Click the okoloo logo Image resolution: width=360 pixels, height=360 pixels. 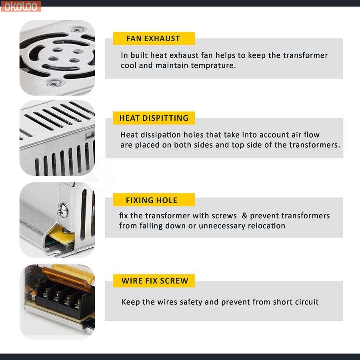21,6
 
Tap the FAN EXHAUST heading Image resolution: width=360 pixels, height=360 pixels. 153,38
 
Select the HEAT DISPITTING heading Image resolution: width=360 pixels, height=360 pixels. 154,118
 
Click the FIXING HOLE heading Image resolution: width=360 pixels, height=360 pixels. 152,200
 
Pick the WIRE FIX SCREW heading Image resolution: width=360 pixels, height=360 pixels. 155,281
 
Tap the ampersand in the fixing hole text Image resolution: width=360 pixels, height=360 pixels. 244,216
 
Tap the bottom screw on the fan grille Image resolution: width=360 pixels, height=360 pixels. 54,83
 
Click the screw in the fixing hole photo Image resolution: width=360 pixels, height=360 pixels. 63,210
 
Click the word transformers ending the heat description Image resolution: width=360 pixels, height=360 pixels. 314,145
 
